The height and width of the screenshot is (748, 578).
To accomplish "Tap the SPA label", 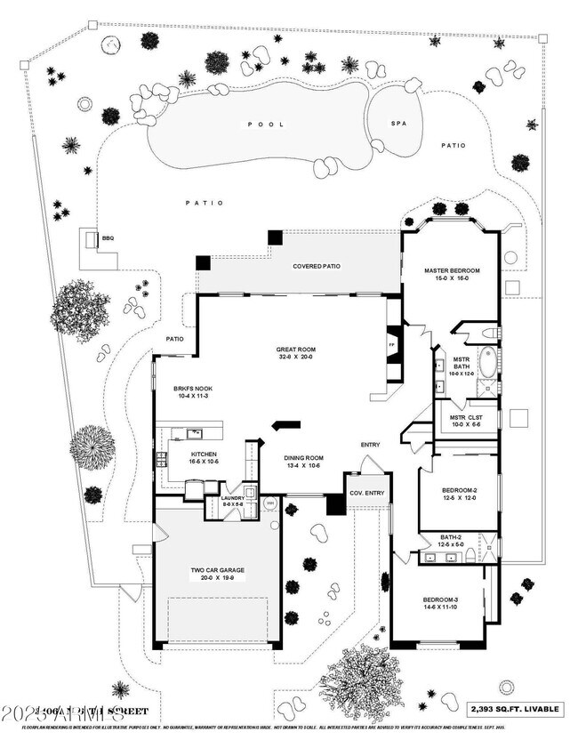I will click(x=398, y=124).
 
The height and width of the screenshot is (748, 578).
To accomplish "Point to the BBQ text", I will click(x=108, y=237).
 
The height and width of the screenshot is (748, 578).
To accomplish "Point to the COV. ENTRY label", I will click(x=366, y=493).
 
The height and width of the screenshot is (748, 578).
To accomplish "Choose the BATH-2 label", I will click(x=450, y=536).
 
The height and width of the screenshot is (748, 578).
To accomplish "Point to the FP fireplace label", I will click(x=391, y=344).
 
